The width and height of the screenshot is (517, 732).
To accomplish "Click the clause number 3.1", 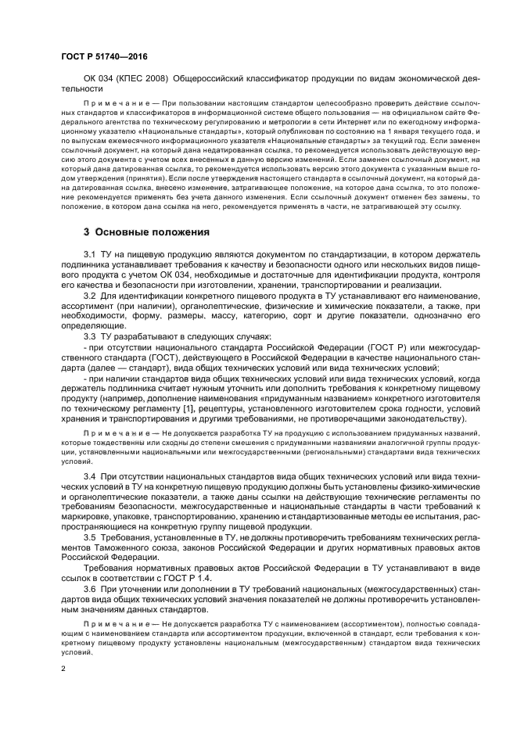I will (x=90, y=256).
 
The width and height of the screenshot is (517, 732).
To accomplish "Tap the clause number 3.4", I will (x=90, y=476).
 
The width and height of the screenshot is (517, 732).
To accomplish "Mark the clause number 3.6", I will (x=90, y=587).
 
